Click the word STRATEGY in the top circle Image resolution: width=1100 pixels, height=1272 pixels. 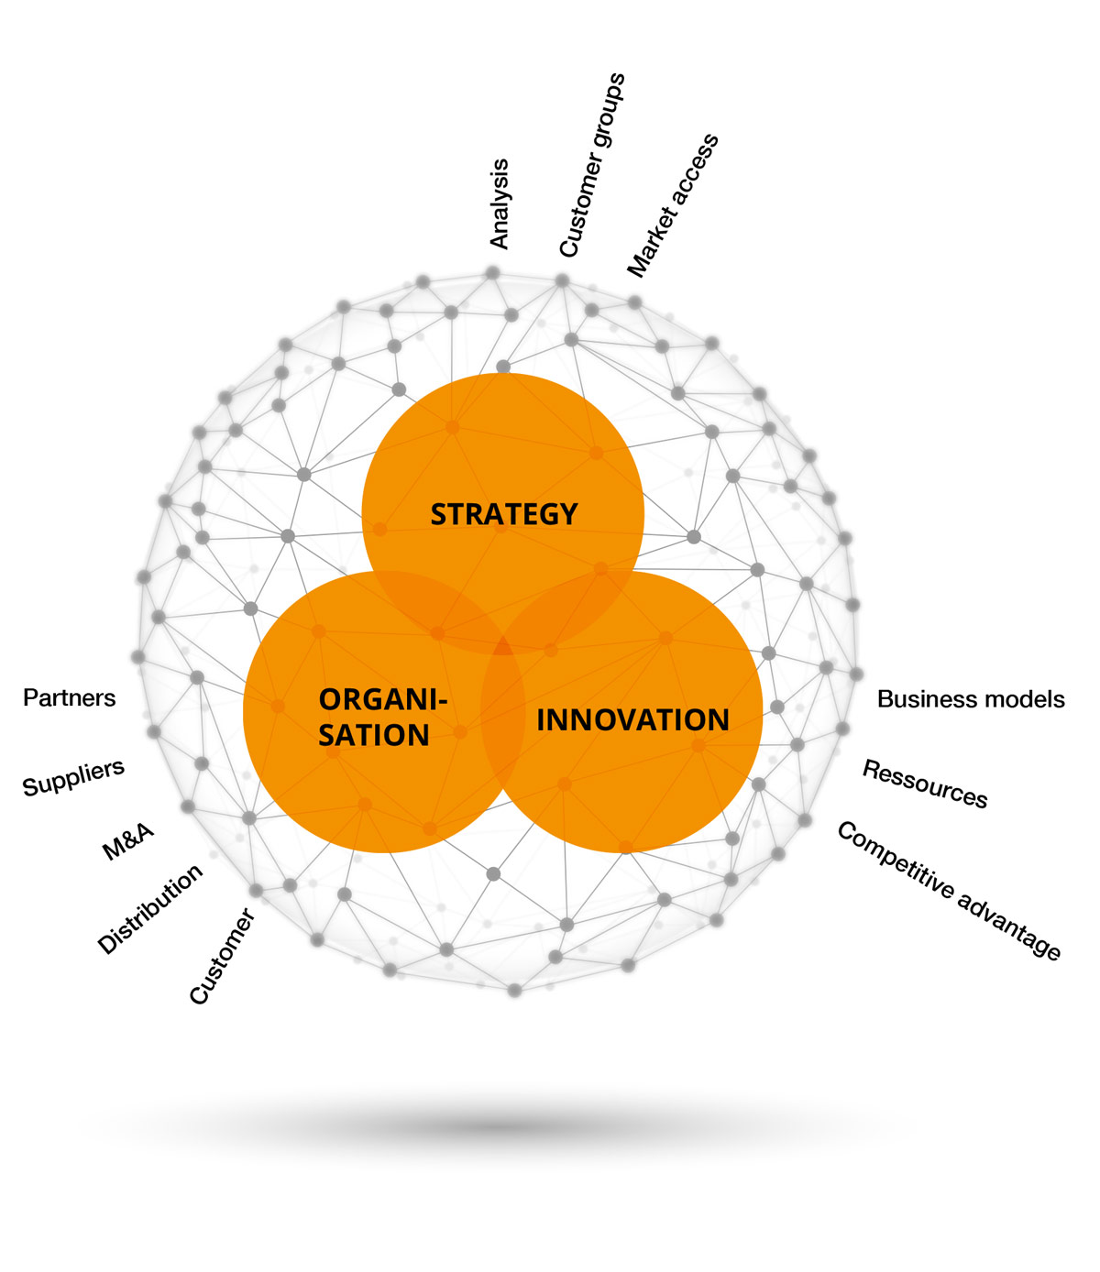click(504, 514)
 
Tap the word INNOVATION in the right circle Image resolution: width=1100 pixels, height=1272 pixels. click(632, 720)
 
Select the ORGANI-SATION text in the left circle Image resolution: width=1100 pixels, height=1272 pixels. click(382, 718)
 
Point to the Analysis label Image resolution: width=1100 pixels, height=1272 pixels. click(500, 203)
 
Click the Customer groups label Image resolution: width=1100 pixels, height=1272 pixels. click(592, 165)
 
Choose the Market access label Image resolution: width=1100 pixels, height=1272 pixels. click(673, 205)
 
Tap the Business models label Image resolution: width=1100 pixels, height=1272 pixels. click(971, 699)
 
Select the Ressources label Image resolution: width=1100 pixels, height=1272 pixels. click(925, 784)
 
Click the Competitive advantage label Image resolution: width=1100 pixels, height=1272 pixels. click(949, 890)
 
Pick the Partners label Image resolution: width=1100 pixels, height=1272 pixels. click(70, 698)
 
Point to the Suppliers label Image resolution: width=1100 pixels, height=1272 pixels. click(73, 778)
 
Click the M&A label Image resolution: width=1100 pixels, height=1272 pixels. click(128, 842)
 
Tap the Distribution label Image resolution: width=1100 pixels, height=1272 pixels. click(150, 909)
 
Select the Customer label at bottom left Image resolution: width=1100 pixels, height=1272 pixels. click(222, 956)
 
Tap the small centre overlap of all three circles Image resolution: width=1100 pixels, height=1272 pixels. click(502, 647)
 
